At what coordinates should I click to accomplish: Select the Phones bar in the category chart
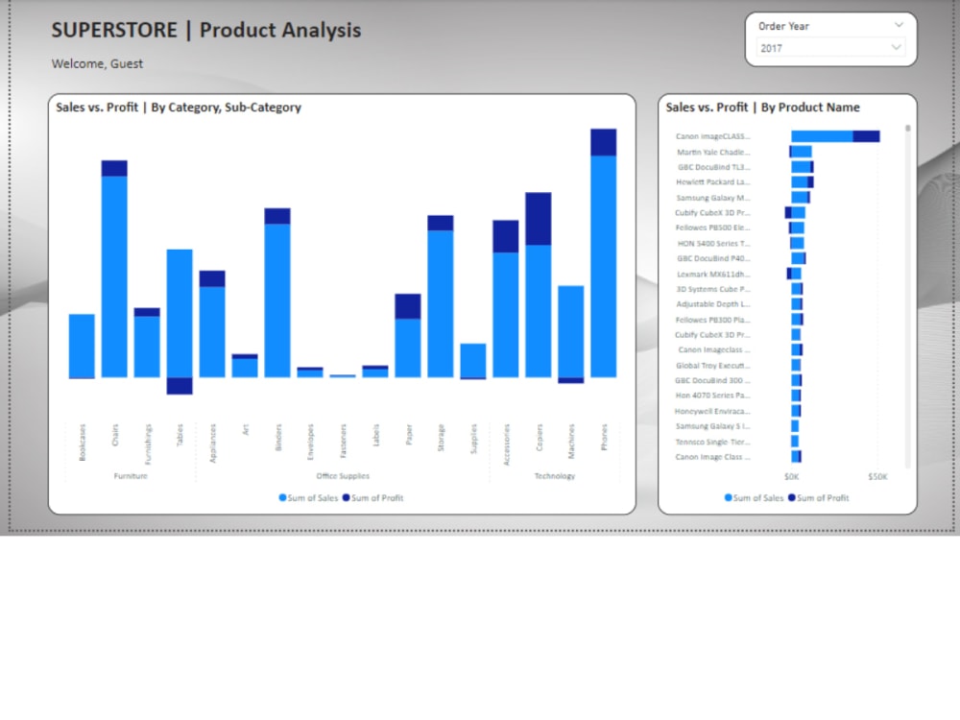603,264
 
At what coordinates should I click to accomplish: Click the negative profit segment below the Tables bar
180,386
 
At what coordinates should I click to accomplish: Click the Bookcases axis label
83,442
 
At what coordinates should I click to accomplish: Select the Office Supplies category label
343,476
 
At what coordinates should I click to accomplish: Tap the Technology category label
554,476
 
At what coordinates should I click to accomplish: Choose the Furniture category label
131,476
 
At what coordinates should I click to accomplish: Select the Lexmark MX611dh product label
713,274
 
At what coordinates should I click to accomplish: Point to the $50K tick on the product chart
877,476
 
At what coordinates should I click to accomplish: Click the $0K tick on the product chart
791,476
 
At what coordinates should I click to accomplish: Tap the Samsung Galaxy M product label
713,198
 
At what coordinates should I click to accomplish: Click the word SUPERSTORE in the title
114,30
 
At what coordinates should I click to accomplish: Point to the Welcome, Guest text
97,63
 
